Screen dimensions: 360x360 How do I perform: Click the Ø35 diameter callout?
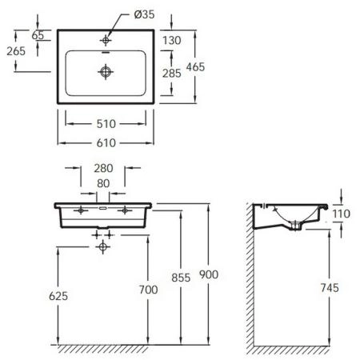pyautogui.click(x=144, y=14)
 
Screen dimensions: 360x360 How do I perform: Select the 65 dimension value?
pyautogui.click(x=38, y=35)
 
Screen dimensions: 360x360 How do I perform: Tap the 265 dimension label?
pyautogui.click(x=16, y=51)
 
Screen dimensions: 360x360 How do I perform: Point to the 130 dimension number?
pyautogui.click(x=172, y=41)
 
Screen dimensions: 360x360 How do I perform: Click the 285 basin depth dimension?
pyautogui.click(x=172, y=74)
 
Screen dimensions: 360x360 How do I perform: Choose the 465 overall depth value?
pyautogui.click(x=195, y=67)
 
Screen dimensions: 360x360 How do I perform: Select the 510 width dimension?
pyautogui.click(x=106, y=124)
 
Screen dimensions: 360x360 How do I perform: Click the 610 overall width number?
pyautogui.click(x=106, y=143)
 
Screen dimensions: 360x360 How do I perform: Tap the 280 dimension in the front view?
pyautogui.click(x=103, y=168)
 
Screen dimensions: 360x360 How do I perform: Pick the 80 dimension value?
pyautogui.click(x=103, y=183)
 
